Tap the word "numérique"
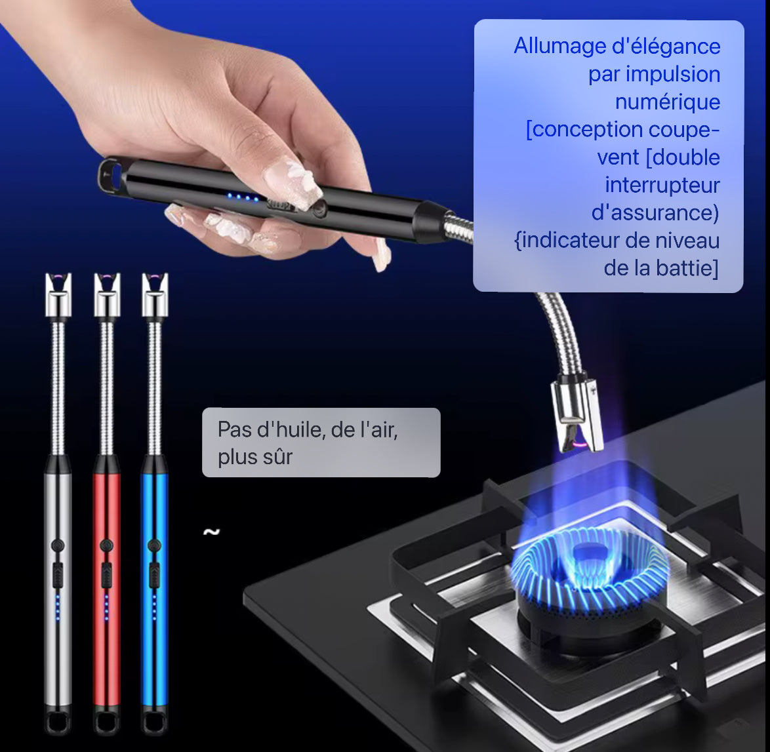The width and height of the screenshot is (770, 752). point(668,102)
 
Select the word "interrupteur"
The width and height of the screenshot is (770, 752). point(662,186)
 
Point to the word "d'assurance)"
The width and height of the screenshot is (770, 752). point(655,213)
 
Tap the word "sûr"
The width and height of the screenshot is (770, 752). point(278,457)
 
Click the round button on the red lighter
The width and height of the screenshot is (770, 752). point(106,545)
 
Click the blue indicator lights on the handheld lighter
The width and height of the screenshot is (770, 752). point(242,197)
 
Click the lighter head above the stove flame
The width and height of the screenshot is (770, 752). point(577,413)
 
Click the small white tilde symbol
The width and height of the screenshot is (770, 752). point(211,532)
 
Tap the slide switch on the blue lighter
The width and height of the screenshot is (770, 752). point(154,574)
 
